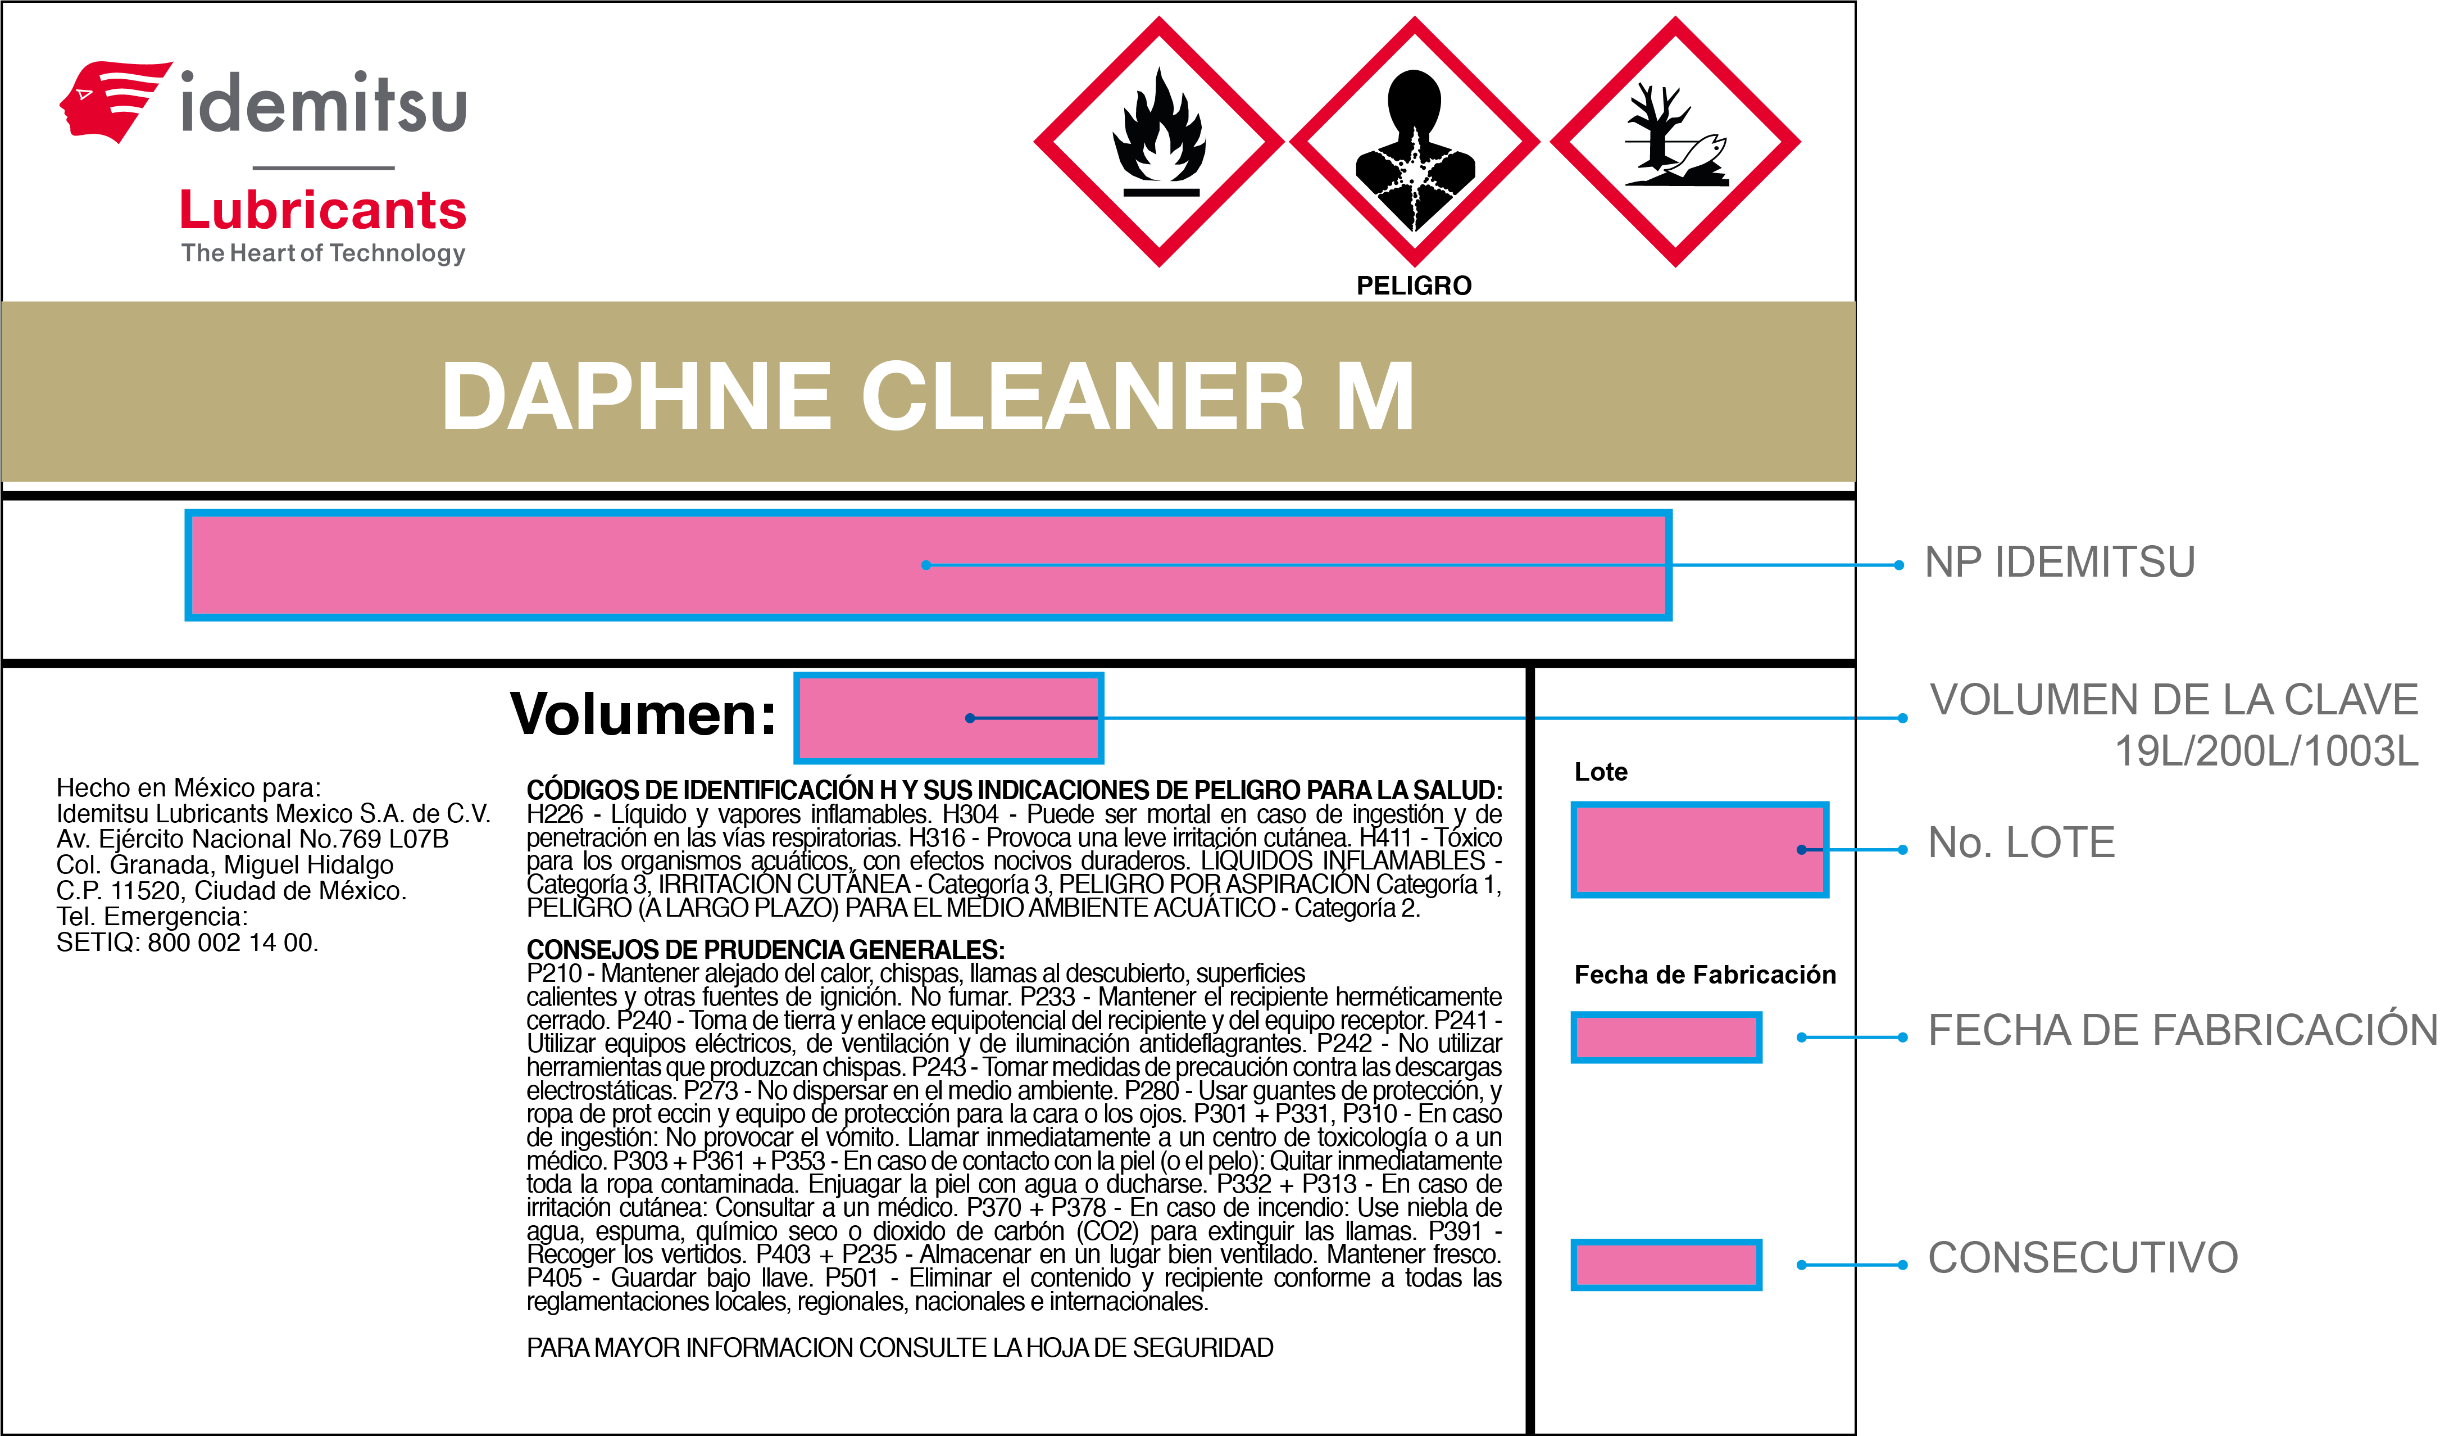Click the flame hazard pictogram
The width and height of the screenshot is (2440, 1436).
1159,142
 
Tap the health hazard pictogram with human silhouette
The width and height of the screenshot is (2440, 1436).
1415,142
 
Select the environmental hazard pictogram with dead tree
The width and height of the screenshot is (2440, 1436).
1675,142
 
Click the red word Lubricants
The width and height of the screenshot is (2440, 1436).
324,210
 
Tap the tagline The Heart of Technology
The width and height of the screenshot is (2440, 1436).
324,253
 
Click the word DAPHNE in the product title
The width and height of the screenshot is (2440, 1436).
636,396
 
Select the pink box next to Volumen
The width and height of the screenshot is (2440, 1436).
949,718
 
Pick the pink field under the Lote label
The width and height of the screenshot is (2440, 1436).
1700,849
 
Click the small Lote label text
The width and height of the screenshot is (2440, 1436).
1601,772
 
